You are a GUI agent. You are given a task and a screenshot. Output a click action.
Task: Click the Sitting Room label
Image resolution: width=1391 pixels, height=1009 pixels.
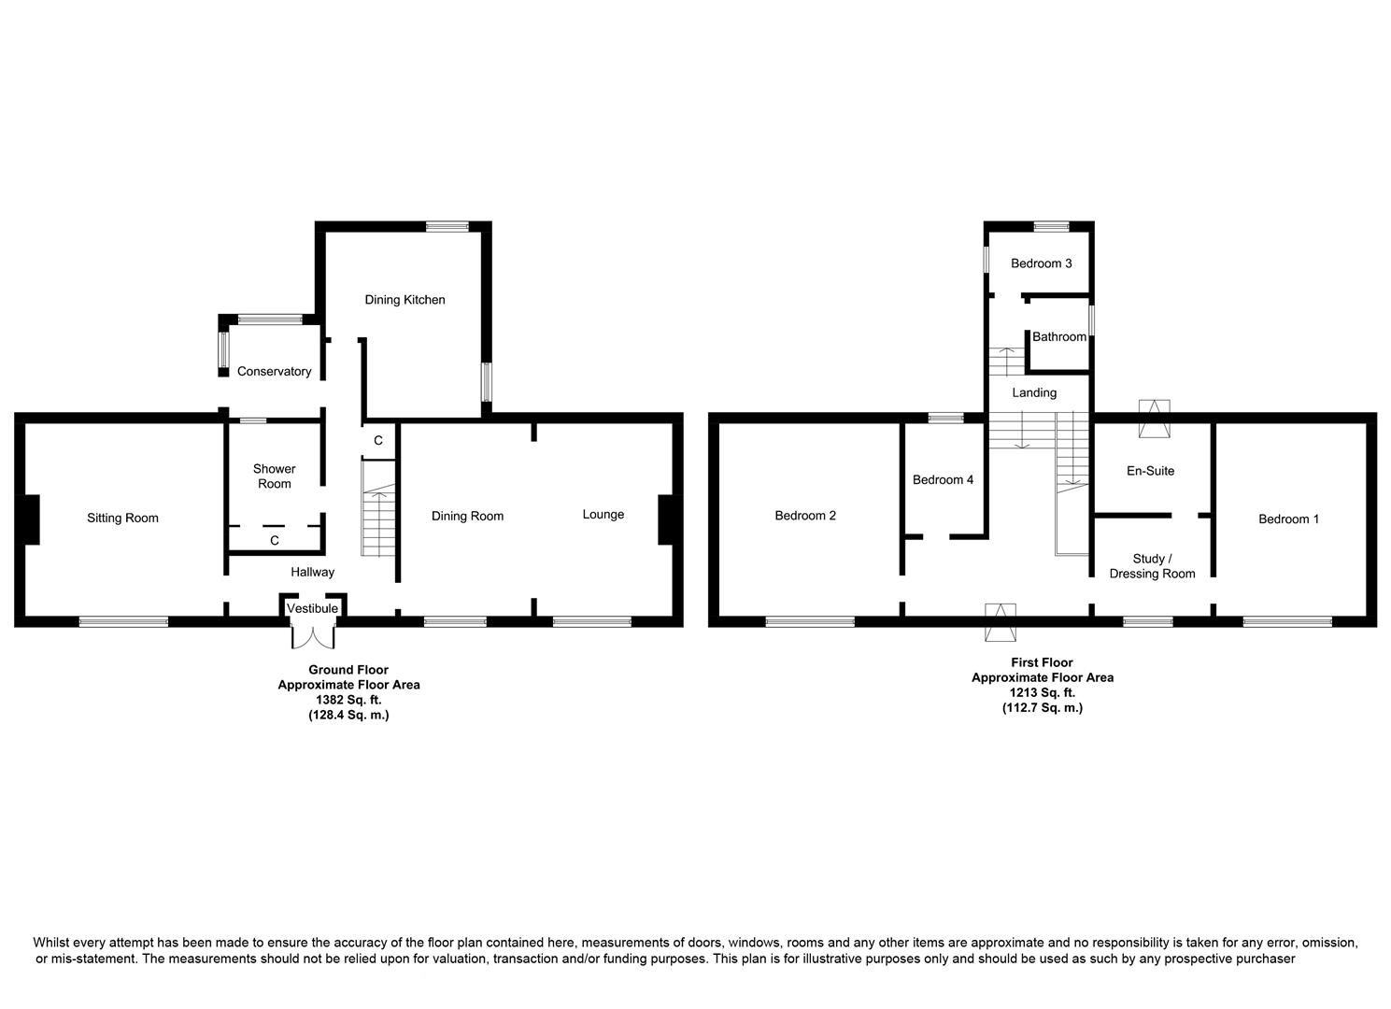coord(122,519)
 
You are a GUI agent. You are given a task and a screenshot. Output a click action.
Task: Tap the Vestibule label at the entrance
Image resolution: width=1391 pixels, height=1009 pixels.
coord(312,609)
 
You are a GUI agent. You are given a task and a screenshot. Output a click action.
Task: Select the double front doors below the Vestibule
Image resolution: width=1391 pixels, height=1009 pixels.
coord(312,636)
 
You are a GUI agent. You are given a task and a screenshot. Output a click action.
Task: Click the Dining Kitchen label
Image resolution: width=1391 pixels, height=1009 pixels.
coord(404,300)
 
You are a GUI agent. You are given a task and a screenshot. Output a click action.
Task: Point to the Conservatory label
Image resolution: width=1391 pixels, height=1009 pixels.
coord(274,372)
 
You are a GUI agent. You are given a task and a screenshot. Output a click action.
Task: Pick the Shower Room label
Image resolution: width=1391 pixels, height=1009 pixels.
coord(274,476)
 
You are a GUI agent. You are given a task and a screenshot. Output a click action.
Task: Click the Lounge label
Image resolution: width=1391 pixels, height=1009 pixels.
coord(603,515)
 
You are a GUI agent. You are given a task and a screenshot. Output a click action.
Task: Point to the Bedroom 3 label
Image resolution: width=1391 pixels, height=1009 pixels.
coord(1041,263)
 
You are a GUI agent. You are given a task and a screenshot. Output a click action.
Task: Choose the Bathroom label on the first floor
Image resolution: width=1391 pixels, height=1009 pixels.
coord(1058,337)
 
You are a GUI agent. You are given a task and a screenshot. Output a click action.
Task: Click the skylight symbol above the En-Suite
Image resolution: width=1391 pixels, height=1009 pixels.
coord(1154,419)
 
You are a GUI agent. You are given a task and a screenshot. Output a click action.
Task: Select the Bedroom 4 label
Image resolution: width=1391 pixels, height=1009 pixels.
coord(943,480)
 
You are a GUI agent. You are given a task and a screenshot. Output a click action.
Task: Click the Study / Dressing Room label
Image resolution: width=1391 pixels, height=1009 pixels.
coord(1152,566)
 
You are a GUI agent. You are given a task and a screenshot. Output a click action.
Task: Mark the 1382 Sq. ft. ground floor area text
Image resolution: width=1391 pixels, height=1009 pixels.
coord(348,700)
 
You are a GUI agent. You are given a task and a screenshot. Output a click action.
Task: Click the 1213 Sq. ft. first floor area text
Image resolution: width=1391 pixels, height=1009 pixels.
coord(1042,693)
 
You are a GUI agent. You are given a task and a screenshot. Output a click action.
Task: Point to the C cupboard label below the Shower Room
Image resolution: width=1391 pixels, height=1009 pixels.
coord(275,541)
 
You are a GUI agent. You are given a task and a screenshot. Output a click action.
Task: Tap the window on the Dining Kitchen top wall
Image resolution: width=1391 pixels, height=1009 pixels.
coord(447,226)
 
